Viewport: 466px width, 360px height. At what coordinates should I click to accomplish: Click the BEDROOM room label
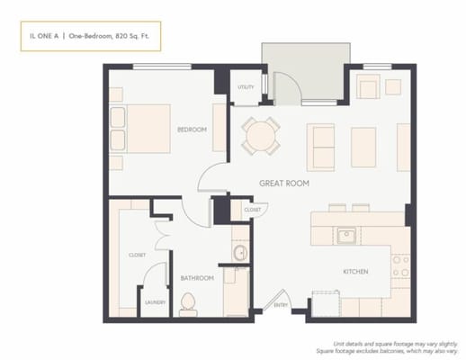click(x=192, y=130)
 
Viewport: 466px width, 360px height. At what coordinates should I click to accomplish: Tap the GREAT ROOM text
click(x=284, y=183)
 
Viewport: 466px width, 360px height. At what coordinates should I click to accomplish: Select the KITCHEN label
click(x=355, y=270)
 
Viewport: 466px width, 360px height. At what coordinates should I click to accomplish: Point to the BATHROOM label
click(x=197, y=278)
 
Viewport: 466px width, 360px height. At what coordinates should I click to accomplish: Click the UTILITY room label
click(x=245, y=87)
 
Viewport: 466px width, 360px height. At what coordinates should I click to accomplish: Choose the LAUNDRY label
click(x=155, y=302)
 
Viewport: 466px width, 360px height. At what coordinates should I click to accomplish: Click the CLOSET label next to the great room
click(x=251, y=210)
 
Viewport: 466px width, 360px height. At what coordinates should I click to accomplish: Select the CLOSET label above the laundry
click(x=138, y=255)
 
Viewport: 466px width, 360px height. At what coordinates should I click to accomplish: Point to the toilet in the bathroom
click(x=189, y=308)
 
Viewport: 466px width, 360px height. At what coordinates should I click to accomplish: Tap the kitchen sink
click(x=347, y=236)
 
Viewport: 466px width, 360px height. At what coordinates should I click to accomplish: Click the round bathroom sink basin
click(x=240, y=253)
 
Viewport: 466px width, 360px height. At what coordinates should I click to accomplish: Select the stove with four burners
click(x=400, y=265)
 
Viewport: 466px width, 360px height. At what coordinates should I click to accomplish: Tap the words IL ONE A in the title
click(x=40, y=36)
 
